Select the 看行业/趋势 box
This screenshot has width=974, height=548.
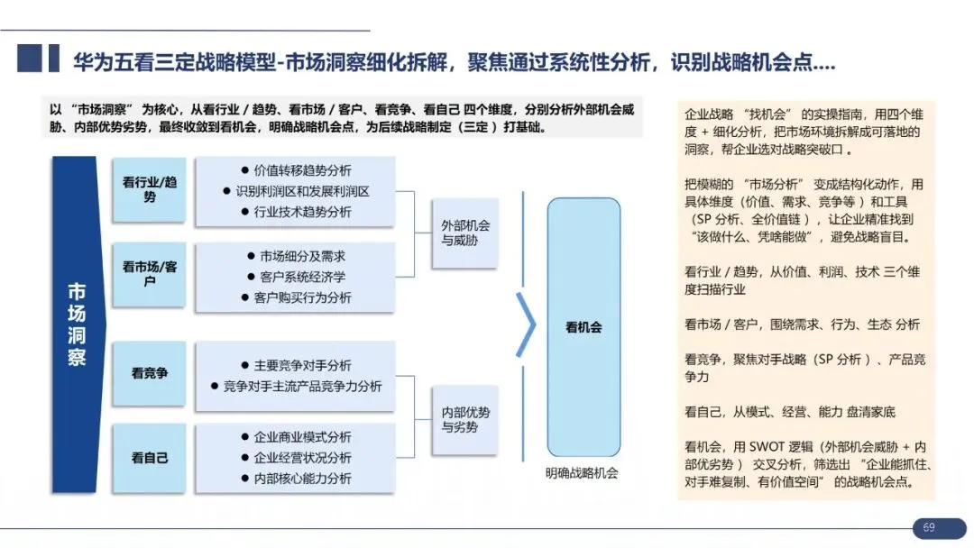tap(150, 189)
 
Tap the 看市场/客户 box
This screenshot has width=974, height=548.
tap(150, 274)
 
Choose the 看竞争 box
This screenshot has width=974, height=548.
tap(150, 372)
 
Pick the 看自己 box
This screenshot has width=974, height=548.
tap(150, 458)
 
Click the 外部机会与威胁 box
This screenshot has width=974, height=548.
tap(464, 233)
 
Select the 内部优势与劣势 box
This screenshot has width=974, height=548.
tap(464, 419)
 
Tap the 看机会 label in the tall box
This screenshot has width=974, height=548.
tap(583, 328)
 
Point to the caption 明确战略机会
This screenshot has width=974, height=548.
tap(583, 473)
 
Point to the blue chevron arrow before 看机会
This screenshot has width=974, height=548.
tap(526, 324)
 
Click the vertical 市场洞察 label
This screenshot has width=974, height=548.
tap(78, 324)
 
